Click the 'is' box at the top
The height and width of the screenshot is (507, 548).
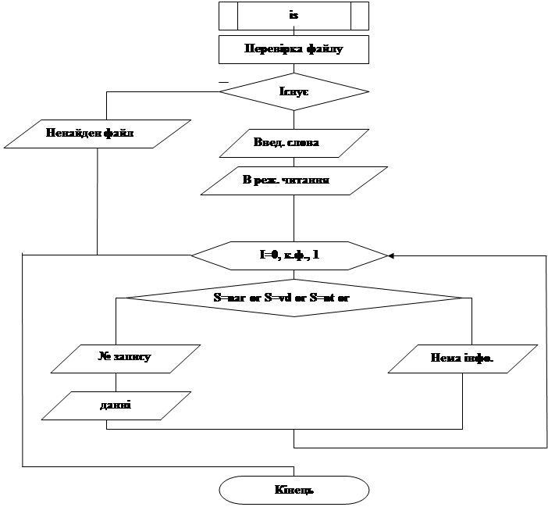[x=294, y=16]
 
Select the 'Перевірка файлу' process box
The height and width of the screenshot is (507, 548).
[x=294, y=49]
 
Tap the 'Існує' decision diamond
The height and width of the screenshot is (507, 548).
[x=294, y=92]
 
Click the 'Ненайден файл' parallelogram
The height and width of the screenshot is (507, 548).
[x=98, y=134]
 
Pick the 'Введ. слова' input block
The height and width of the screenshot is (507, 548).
[x=294, y=143]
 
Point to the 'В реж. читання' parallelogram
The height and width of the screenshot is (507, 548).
[x=294, y=180]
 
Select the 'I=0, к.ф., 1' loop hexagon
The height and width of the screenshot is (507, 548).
[x=290, y=255]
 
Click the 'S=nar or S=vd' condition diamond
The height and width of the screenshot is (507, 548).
[x=294, y=298]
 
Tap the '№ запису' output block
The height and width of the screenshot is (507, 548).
[x=123, y=358]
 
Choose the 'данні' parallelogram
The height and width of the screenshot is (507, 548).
[x=116, y=405]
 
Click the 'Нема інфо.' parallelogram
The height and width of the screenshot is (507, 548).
[x=462, y=359]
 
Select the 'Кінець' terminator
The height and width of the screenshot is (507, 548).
[x=294, y=490]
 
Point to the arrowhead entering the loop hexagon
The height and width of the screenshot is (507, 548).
[x=390, y=255]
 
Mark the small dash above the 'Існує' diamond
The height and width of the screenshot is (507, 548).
[x=224, y=81]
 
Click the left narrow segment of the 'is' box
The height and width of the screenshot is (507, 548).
[x=227, y=16]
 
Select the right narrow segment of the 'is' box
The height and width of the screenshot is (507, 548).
[x=359, y=16]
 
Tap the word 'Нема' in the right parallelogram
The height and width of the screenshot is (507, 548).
[x=443, y=359]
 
